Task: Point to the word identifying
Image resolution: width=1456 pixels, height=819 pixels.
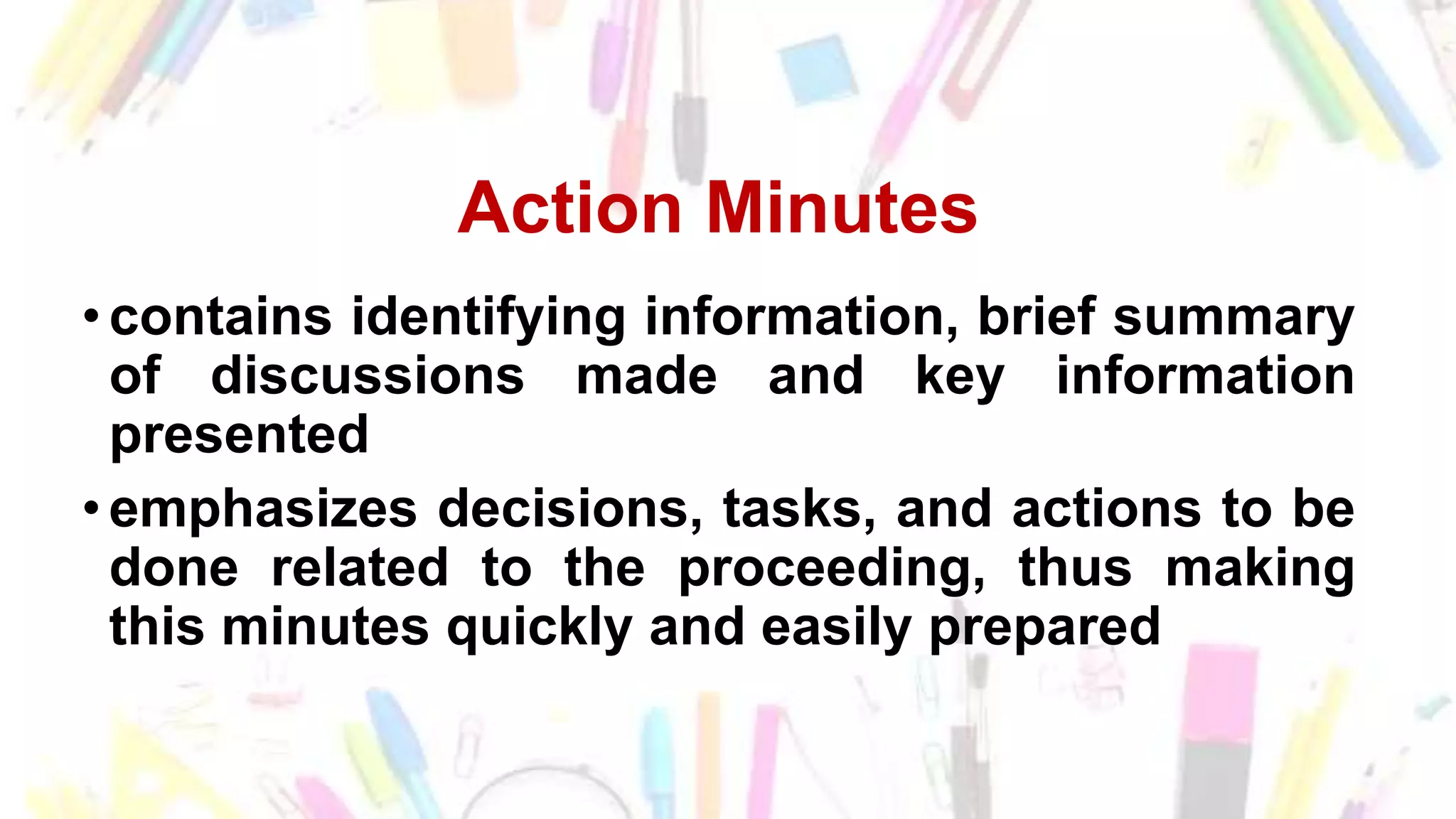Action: coord(488,318)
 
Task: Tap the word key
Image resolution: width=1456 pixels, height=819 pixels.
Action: coord(960,378)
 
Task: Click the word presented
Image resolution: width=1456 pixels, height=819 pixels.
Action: coord(240,435)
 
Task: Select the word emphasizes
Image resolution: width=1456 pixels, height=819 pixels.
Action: coord(263,510)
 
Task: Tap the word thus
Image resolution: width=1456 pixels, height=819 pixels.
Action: coord(1075,568)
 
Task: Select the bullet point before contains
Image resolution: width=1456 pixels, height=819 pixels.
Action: coord(90,315)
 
